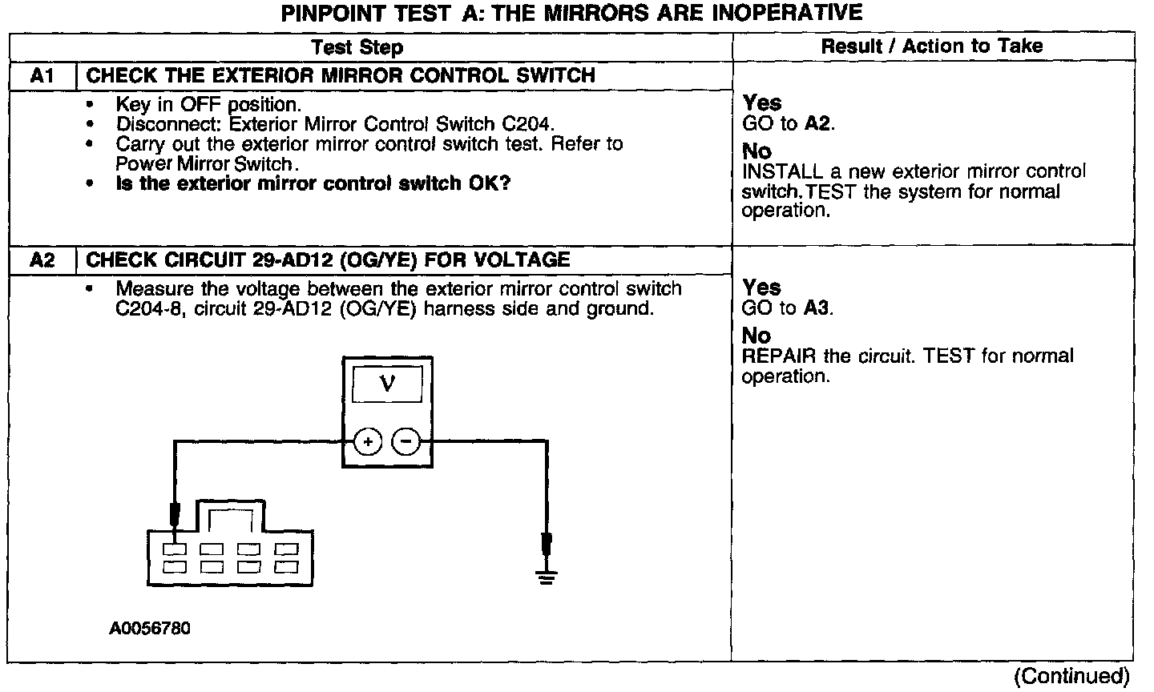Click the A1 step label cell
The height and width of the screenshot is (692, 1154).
[42, 76]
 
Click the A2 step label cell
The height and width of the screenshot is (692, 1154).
[42, 260]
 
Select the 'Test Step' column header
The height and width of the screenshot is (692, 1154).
[357, 47]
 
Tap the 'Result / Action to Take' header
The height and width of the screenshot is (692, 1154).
[932, 46]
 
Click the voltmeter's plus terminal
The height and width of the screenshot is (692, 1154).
[367, 441]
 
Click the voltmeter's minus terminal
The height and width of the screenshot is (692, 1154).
[406, 441]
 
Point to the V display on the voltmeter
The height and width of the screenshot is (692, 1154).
[387, 385]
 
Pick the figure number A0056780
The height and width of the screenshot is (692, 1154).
[151, 629]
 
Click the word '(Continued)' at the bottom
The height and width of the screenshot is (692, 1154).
[1071, 677]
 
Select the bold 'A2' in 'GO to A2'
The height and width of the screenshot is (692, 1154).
[817, 124]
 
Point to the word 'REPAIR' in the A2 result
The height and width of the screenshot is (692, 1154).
[774, 356]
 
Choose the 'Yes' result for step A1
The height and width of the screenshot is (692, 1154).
[761, 103]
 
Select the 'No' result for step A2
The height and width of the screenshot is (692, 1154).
[757, 336]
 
